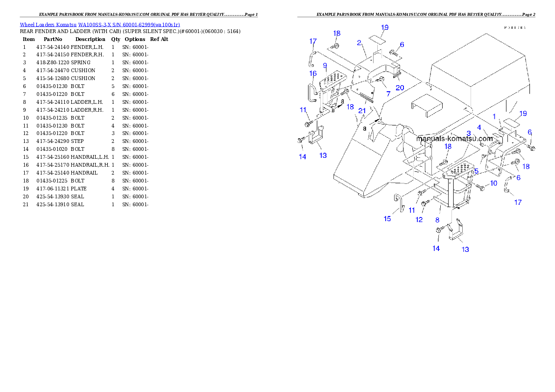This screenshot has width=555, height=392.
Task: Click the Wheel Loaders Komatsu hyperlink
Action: click(x=100, y=25)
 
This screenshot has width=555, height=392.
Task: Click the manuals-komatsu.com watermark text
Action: click(x=454, y=139)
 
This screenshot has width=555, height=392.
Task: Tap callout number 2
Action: click(x=359, y=43)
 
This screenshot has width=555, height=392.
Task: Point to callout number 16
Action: click(x=313, y=74)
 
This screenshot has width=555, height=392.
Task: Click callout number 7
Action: click(x=388, y=94)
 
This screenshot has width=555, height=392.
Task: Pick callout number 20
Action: click(x=400, y=87)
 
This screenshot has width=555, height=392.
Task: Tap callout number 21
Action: click(x=362, y=111)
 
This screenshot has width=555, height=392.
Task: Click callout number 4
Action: click(x=479, y=127)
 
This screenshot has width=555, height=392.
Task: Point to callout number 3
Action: click(x=468, y=134)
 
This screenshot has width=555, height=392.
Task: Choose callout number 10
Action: click(x=493, y=183)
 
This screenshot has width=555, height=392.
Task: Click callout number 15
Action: click(x=387, y=218)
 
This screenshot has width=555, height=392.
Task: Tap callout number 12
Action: click(x=419, y=219)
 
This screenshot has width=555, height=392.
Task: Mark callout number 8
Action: click(x=437, y=219)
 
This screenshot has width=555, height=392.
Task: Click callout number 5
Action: click(x=476, y=171)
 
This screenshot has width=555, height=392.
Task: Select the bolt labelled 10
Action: click(x=480, y=187)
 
